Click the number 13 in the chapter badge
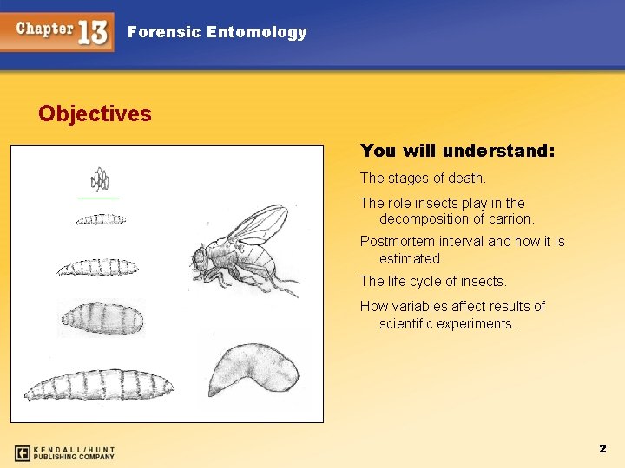(93, 32)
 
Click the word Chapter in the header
(44, 28)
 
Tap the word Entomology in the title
(257, 32)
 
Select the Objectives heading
(95, 114)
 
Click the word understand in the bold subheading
(497, 151)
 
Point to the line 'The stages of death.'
(423, 179)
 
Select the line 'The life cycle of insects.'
(433, 282)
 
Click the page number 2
(602, 448)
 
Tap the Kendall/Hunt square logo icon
(23, 452)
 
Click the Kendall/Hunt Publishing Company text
(76, 452)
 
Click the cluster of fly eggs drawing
(101, 180)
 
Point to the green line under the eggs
(99, 198)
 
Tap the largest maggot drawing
(98, 387)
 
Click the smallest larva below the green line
(100, 219)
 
